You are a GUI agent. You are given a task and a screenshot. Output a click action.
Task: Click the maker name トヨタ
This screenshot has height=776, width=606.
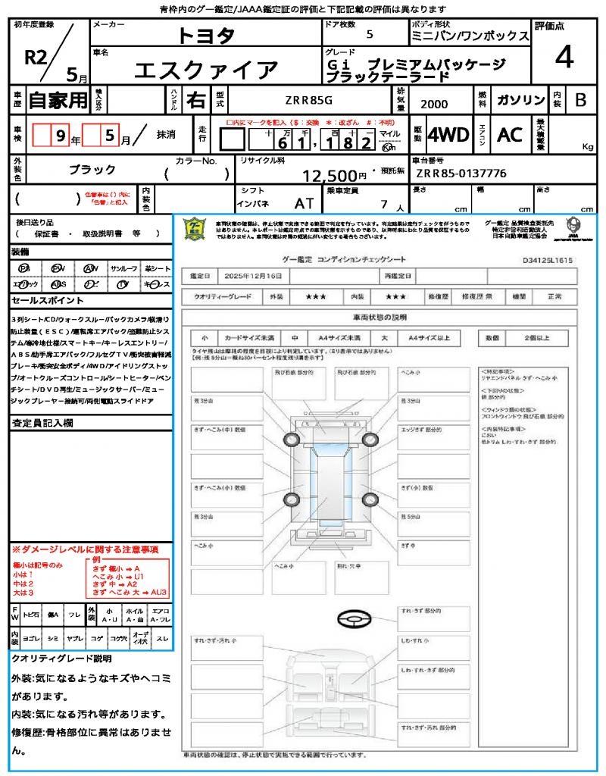(206, 35)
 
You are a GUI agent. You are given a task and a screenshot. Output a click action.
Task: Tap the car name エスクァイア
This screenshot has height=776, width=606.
(206, 70)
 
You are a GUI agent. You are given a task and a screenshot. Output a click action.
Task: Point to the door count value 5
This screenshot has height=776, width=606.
(369, 35)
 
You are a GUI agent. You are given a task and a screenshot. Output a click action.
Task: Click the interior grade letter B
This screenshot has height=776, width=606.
(580, 100)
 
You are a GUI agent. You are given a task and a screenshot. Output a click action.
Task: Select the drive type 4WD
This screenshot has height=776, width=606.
(448, 136)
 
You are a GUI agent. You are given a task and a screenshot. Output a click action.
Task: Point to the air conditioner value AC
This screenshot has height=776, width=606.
(510, 136)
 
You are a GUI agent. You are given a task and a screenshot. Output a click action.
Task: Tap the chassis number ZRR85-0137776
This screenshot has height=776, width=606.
(461, 174)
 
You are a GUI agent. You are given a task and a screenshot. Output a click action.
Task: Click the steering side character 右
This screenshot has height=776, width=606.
(195, 99)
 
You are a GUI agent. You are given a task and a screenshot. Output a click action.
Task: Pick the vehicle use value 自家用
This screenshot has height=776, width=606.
(58, 99)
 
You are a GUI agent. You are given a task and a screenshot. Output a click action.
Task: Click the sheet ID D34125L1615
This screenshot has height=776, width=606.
(547, 259)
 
